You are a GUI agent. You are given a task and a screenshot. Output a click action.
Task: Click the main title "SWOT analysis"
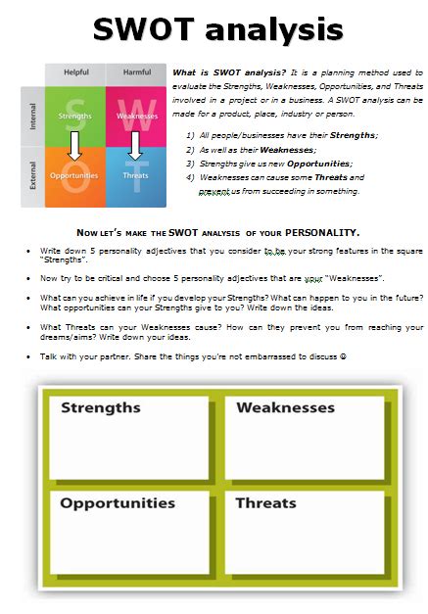tap(217, 29)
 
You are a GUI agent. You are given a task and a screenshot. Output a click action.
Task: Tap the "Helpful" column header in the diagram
tap(75, 72)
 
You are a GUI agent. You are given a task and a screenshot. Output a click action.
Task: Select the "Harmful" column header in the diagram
tap(136, 72)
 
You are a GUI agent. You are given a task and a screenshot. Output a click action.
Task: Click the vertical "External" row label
tap(31, 176)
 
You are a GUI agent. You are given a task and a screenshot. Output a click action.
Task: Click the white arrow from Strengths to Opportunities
tap(75, 146)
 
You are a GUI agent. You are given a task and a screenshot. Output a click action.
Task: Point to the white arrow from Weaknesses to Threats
tap(136, 146)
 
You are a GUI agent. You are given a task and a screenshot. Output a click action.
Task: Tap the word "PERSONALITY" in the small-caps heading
tap(319, 233)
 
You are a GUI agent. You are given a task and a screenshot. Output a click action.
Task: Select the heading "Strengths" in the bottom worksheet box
tap(101, 407)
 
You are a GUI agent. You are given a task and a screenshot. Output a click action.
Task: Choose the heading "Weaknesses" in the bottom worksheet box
tap(285, 407)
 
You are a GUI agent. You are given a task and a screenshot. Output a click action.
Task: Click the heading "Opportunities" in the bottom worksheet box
tap(118, 503)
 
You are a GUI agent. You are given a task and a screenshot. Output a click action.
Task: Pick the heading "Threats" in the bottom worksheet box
tap(265, 503)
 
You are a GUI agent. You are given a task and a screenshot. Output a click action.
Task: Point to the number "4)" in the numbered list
tap(189, 178)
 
